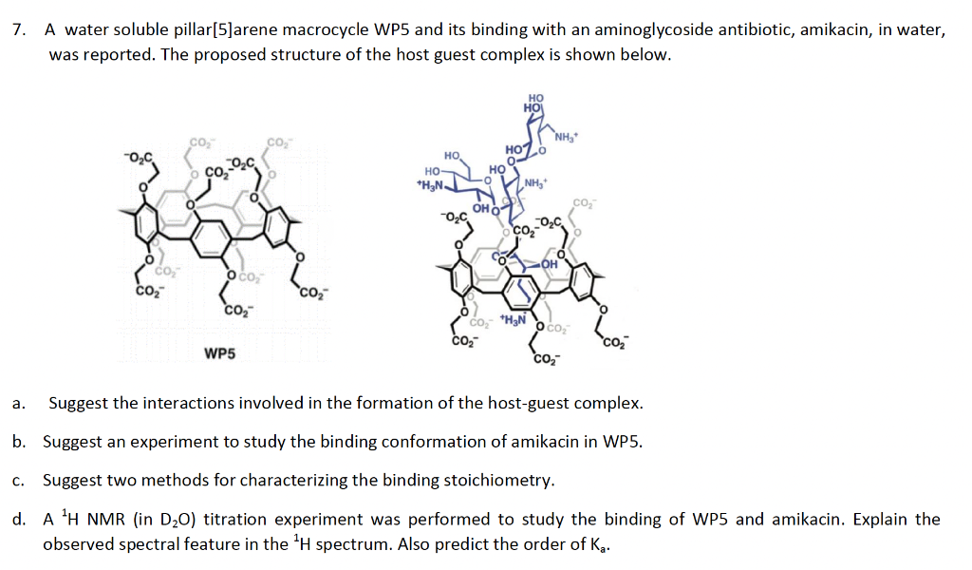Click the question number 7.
click(x=19, y=29)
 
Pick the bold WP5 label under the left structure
click(x=221, y=354)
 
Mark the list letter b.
click(x=18, y=442)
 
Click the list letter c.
click(x=18, y=480)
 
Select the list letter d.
click(x=18, y=519)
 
